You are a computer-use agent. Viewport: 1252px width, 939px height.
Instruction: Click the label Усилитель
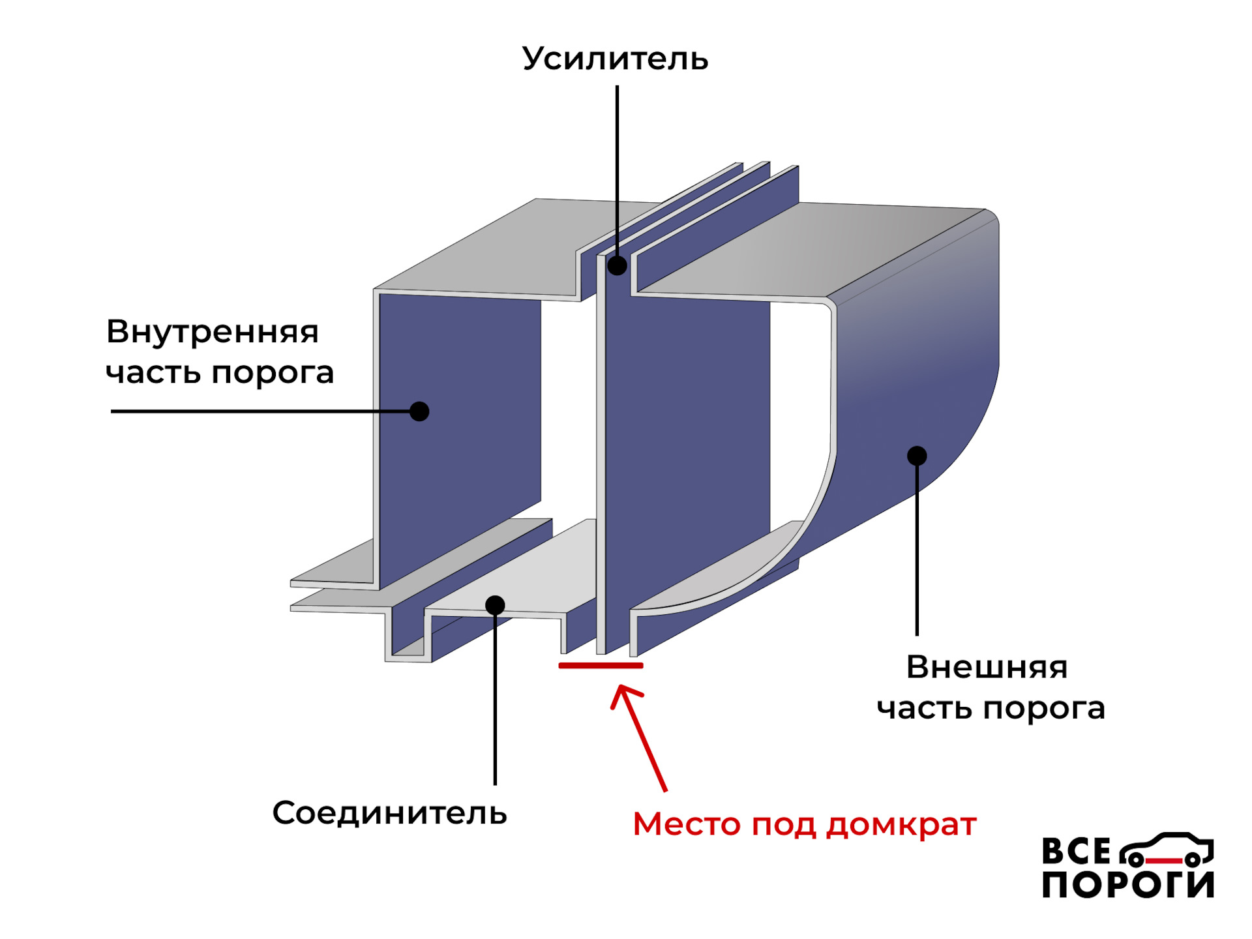(x=615, y=59)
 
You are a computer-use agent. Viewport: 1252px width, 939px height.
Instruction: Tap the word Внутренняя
(x=213, y=332)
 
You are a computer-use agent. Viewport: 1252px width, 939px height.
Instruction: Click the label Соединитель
(x=389, y=813)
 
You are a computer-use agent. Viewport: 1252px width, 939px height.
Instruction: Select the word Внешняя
(x=987, y=667)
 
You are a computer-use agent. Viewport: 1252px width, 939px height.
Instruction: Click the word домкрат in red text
(x=901, y=825)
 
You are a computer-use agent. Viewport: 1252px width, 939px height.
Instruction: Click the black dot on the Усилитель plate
(x=617, y=265)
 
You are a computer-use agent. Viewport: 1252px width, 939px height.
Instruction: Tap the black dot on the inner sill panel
(x=419, y=411)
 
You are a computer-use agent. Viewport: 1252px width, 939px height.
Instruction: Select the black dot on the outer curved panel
(x=917, y=456)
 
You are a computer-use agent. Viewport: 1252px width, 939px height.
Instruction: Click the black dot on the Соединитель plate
(x=495, y=605)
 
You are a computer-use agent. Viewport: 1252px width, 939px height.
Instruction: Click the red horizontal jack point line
(x=601, y=666)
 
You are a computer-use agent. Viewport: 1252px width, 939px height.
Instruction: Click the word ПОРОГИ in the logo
(x=1127, y=885)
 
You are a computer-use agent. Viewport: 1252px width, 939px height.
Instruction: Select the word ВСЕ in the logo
(x=1076, y=852)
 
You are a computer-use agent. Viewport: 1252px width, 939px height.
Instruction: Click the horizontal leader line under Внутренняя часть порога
(x=261, y=411)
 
